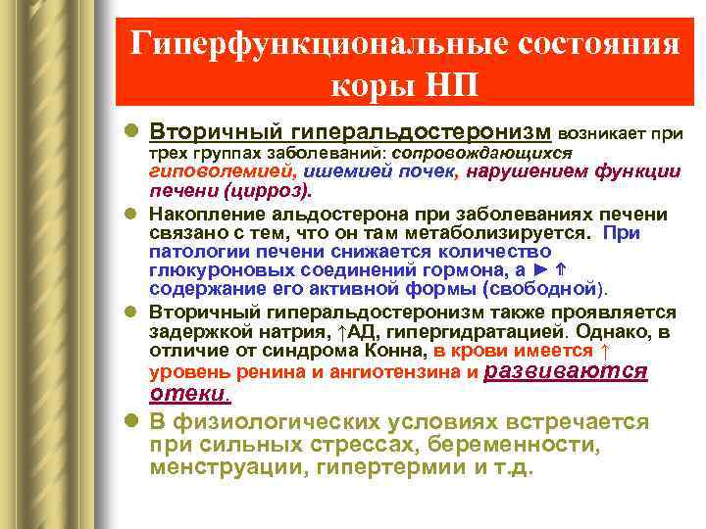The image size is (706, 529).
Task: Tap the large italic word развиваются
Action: [567, 370]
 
